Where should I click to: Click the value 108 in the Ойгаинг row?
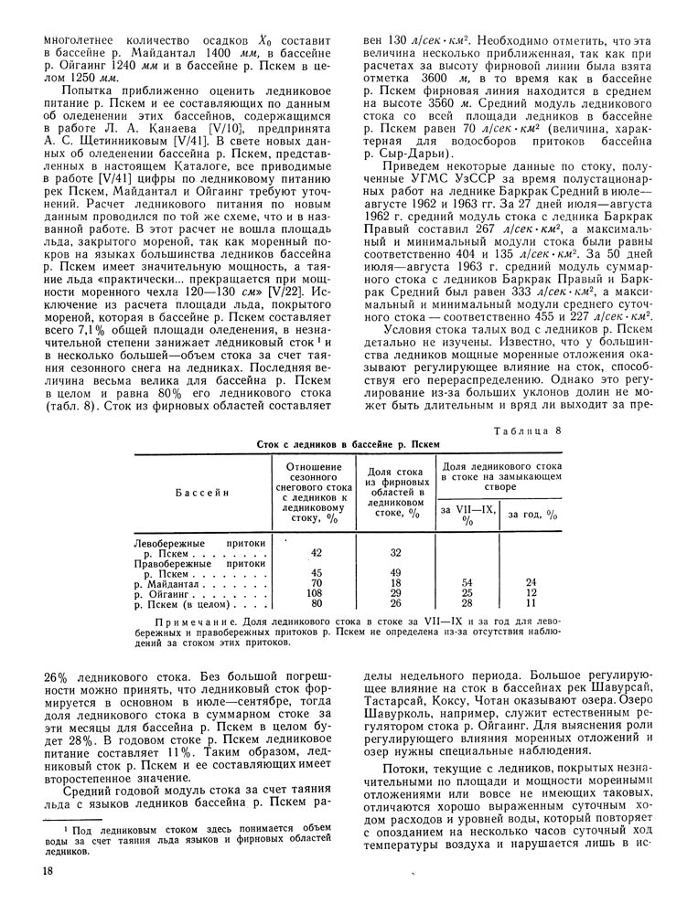(317, 593)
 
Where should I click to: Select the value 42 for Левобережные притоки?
(317, 553)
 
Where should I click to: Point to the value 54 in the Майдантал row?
(467, 582)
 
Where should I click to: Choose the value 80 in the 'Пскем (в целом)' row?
(317, 604)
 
